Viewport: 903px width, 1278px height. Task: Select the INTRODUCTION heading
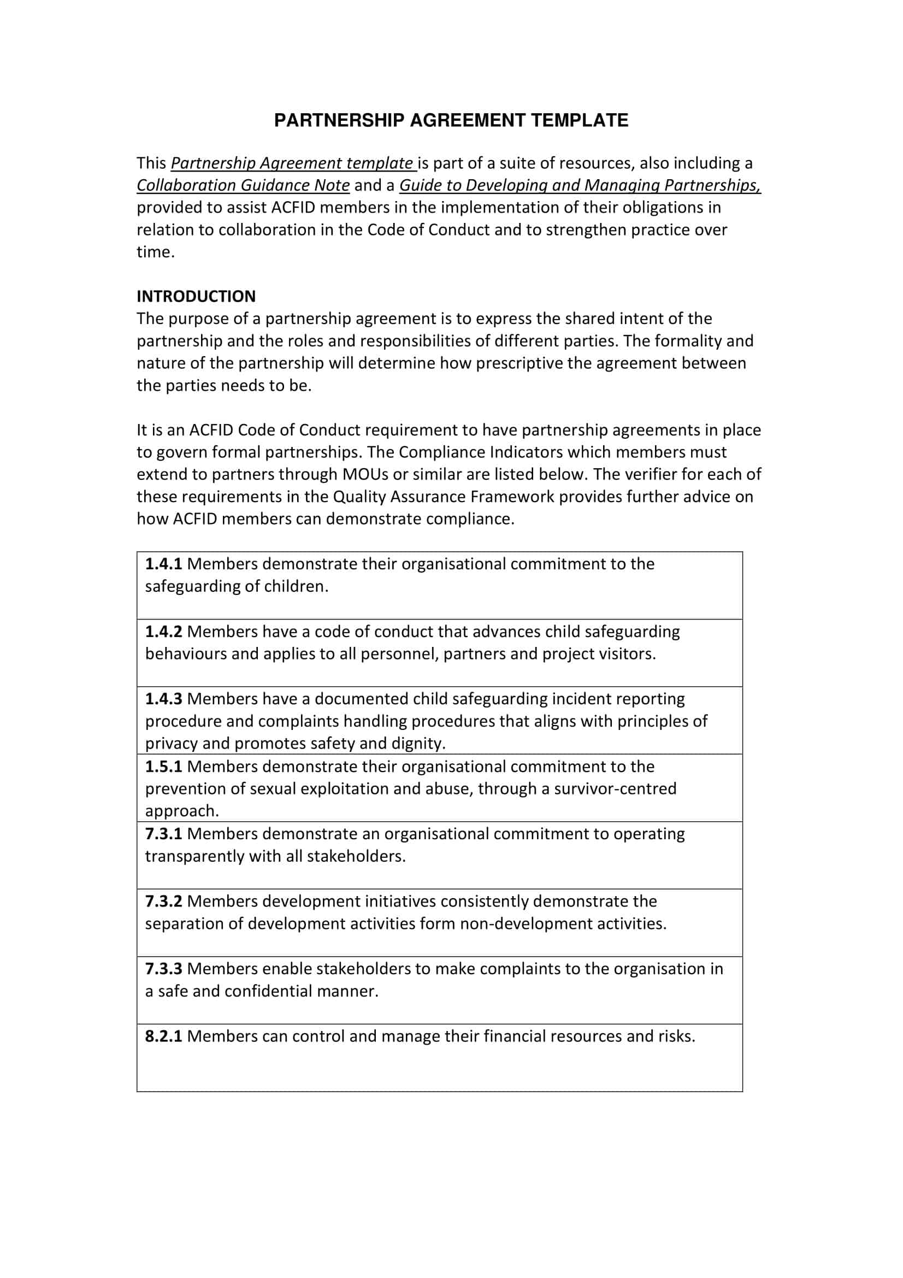(x=196, y=296)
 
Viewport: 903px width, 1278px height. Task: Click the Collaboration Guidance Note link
(x=243, y=185)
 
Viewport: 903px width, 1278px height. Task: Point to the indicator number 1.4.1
(x=163, y=564)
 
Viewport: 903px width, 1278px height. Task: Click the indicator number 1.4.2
(x=163, y=631)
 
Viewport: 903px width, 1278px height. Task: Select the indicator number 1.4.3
(x=163, y=699)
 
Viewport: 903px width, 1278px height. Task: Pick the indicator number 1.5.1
(x=163, y=767)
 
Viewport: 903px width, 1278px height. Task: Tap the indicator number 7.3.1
(x=163, y=834)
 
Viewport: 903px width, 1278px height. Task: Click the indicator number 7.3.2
(x=163, y=901)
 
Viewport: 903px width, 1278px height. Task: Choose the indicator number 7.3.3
(x=163, y=969)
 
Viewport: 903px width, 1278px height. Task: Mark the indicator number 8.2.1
(x=163, y=1036)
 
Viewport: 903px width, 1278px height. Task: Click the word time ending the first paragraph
(x=154, y=252)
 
